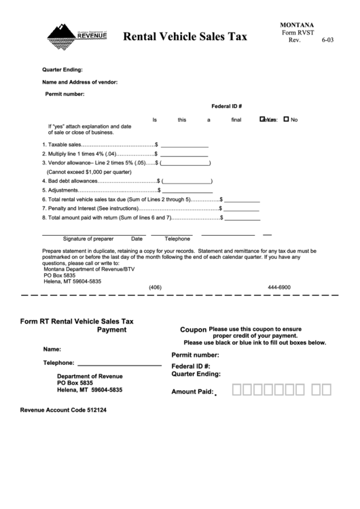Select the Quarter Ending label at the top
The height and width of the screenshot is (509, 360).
[x=62, y=69]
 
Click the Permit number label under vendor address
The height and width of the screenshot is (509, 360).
[x=65, y=94]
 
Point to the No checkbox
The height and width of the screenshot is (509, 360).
[x=286, y=120]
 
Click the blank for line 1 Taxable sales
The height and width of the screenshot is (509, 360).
[x=184, y=144]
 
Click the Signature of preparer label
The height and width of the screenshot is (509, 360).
[x=88, y=239]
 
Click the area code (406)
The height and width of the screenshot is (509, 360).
[x=156, y=287]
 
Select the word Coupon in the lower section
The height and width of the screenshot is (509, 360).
[x=193, y=329]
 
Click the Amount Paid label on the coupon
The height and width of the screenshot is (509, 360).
[x=192, y=391]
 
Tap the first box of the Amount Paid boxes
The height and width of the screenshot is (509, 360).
[x=237, y=389]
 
